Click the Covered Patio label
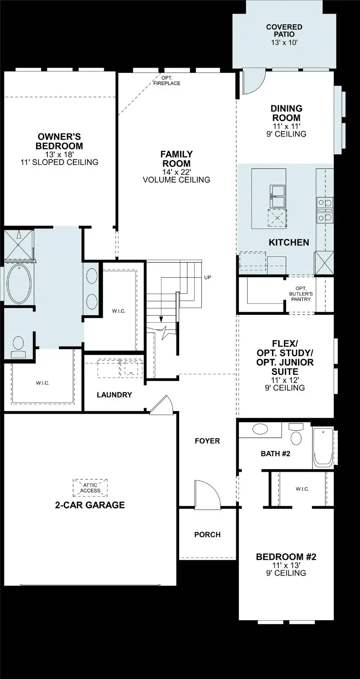click(284, 27)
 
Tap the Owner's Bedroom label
click(59, 141)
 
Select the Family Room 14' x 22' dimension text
click(176, 172)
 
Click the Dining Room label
click(287, 113)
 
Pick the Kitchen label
click(289, 242)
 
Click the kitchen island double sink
click(277, 196)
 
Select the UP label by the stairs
click(208, 278)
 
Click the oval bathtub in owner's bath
click(18, 284)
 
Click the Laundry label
click(114, 395)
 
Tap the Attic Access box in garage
click(90, 488)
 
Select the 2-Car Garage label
click(90, 505)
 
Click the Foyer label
click(207, 441)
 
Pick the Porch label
click(207, 534)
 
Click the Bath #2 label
click(275, 453)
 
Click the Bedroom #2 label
click(286, 557)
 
